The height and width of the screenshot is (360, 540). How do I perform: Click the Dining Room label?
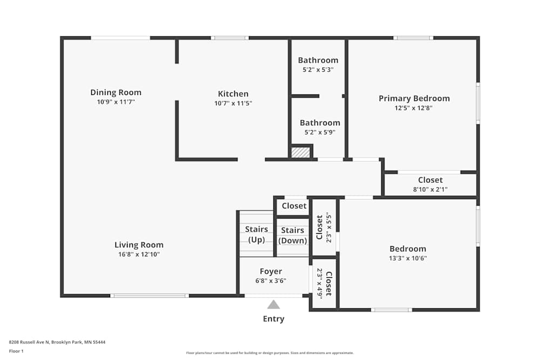point(116,92)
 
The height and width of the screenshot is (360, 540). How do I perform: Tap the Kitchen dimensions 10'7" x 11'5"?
point(233,103)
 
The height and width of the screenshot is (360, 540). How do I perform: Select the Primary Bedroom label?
point(414,98)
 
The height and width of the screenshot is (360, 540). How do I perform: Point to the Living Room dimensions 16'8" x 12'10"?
point(139,254)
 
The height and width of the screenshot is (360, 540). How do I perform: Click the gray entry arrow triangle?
point(273,304)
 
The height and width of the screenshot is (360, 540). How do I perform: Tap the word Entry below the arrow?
point(273,318)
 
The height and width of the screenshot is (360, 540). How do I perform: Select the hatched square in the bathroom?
point(300,152)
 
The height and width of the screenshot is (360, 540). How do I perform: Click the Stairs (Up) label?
point(256,234)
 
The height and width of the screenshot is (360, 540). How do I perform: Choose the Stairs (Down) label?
point(293,235)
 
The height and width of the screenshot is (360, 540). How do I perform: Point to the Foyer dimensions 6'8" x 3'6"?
point(271,281)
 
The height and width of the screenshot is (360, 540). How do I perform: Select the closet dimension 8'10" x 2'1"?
point(430,189)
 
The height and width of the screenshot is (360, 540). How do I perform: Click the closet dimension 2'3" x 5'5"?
point(328,227)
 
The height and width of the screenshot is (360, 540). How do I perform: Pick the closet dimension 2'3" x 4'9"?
point(319,283)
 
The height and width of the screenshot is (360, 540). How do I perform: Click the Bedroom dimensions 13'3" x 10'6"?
point(408,259)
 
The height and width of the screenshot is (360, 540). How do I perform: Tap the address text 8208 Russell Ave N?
point(29,342)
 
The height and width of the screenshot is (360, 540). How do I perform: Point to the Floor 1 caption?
point(16,351)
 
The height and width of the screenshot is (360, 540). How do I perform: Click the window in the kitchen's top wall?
point(230,38)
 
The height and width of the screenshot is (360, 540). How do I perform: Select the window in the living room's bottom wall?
point(150,296)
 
